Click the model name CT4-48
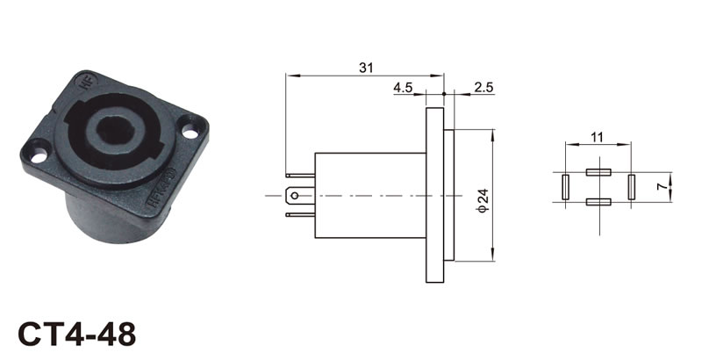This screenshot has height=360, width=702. click(x=76, y=334)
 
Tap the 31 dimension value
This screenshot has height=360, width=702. click(x=366, y=68)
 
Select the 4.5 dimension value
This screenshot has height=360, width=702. click(x=403, y=87)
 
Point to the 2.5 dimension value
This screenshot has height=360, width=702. click(x=484, y=87)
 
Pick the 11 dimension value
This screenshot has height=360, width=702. click(x=597, y=138)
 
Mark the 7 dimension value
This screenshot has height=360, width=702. click(x=662, y=187)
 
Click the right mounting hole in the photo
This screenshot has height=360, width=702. click(x=190, y=132)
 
